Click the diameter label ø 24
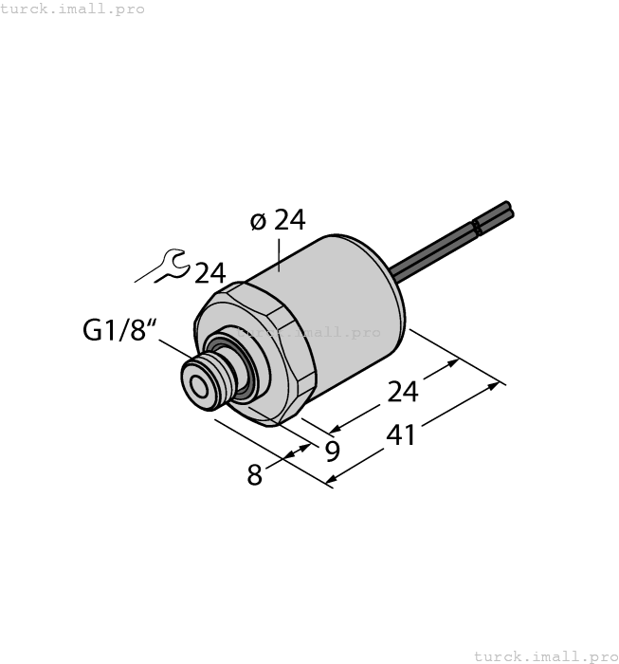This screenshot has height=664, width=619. (x=278, y=221)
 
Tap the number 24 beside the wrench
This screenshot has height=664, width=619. (x=210, y=273)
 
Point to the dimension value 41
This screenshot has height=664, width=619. (x=402, y=436)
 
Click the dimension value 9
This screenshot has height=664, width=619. (x=332, y=451)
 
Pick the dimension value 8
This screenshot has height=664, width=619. (x=254, y=474)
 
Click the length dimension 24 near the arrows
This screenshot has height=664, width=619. (x=402, y=391)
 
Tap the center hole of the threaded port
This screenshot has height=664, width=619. (x=200, y=386)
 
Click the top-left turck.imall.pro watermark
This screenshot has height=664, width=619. (x=73, y=9)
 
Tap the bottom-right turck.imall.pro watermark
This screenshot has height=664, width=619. (x=544, y=655)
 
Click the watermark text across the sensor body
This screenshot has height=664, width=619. (x=309, y=333)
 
